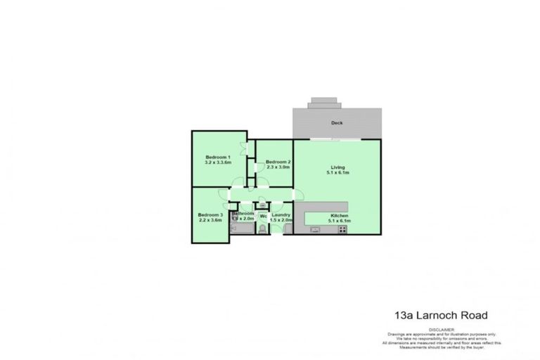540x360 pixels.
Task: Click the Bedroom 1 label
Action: [217, 156]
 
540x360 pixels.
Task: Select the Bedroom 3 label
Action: [210, 214]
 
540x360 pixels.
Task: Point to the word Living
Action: [337, 167]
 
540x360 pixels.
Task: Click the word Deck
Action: [337, 123]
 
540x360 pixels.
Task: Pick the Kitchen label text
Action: [338, 215]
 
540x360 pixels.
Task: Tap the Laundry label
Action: [281, 214]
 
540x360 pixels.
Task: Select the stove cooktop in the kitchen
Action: [342, 229]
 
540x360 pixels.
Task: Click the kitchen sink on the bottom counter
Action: [310, 229]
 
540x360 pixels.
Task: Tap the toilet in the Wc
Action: [262, 229]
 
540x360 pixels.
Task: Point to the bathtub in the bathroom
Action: [242, 229]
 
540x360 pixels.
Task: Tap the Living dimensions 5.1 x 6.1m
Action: [337, 174]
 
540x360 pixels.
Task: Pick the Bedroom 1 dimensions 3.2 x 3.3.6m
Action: [217, 162]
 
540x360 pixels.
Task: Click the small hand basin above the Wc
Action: [262, 206]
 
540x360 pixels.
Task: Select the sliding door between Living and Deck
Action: [337, 140]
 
